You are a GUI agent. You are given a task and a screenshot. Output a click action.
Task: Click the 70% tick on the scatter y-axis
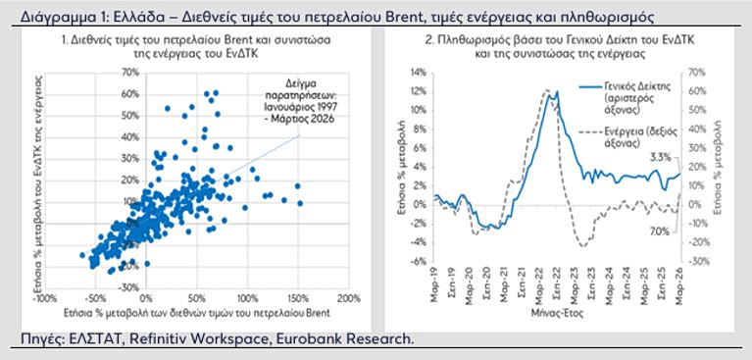pyautogui.click(x=130, y=74)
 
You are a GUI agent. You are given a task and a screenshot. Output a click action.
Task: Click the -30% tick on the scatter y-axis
pyautogui.click(x=129, y=287)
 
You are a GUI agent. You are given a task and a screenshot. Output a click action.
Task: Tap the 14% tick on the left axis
pyautogui.click(x=417, y=72)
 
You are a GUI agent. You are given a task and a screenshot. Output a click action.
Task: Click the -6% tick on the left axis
pyautogui.click(x=419, y=262)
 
